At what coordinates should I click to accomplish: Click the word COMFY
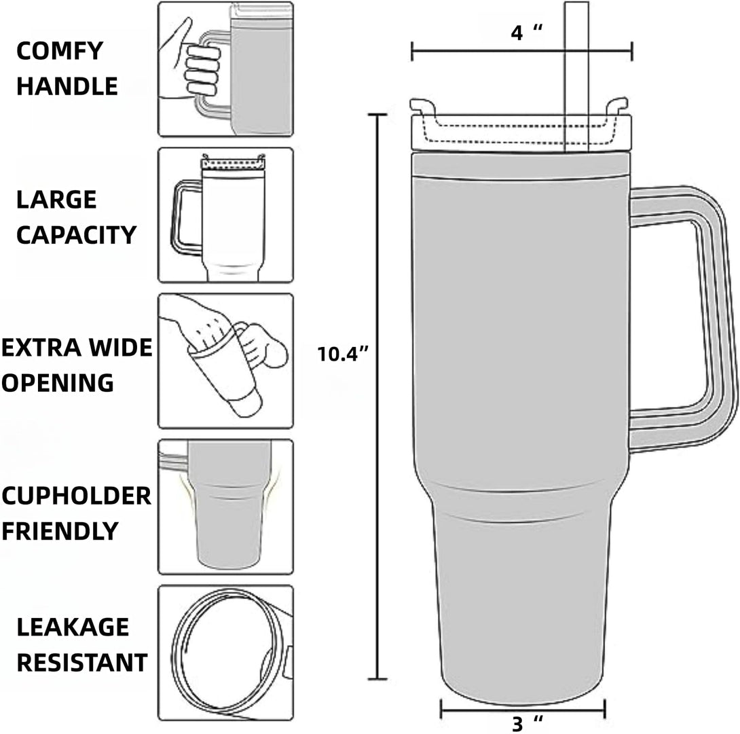tap(59, 50)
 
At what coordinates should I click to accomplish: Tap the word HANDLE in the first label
tap(67, 86)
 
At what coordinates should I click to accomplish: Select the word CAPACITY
tap(76, 235)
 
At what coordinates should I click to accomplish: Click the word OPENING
tap(58, 382)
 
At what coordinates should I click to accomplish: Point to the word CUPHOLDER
tap(76, 496)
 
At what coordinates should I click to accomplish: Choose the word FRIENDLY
tap(60, 530)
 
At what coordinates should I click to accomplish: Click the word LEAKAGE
tap(73, 627)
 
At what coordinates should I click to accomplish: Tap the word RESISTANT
tap(81, 662)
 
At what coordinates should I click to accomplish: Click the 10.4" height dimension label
tap(343, 353)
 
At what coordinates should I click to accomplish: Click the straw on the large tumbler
tap(576, 68)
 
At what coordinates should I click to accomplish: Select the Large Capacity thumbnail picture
tap(225, 215)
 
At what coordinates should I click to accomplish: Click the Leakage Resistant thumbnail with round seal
tap(225, 653)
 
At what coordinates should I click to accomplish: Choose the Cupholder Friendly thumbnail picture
tap(225, 507)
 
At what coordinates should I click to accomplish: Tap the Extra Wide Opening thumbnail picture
tap(225, 361)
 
